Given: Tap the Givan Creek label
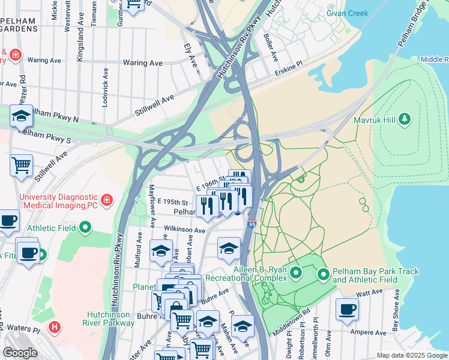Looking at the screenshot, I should click(x=347, y=13).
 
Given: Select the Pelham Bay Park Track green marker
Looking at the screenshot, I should click(x=324, y=275).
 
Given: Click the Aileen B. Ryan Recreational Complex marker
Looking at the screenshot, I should click(x=296, y=274).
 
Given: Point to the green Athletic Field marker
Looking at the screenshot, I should click(x=85, y=227).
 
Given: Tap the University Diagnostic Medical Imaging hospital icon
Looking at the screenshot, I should click(x=106, y=199).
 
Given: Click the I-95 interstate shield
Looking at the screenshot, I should click(x=252, y=224).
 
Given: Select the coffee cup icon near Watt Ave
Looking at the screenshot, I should click(x=347, y=310).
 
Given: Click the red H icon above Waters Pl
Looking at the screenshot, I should click(x=55, y=327).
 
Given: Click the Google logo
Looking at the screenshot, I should click(x=20, y=353).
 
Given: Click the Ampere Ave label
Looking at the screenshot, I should click(x=372, y=332).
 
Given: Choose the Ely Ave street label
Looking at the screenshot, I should click(x=191, y=55).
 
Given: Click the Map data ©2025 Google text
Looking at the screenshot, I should click(x=411, y=355).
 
